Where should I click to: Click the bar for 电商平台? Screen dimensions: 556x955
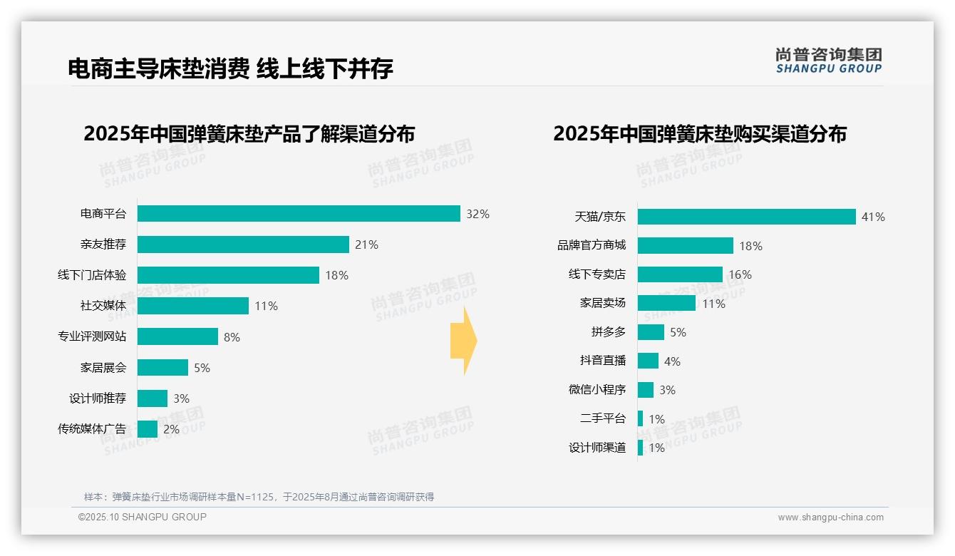pyautogui.click(x=299, y=214)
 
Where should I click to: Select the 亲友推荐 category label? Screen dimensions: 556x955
pyautogui.click(x=103, y=244)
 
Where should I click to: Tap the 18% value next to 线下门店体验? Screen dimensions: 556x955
pyautogui.click(x=337, y=275)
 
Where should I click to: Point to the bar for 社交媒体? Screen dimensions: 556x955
pyautogui.click(x=193, y=306)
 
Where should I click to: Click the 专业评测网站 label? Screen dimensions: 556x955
pyautogui.click(x=92, y=336)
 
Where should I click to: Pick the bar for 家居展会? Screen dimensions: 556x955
pyautogui.click(x=162, y=367)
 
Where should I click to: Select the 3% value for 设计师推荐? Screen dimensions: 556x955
pyautogui.click(x=181, y=398)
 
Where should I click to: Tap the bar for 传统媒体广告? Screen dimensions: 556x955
pyautogui.click(x=148, y=429)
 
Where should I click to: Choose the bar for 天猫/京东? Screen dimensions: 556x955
pyautogui.click(x=746, y=217)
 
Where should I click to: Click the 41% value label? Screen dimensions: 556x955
pyautogui.click(x=873, y=217)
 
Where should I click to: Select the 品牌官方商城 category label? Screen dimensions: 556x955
pyautogui.click(x=592, y=245)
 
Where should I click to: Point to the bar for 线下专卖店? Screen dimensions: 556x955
pyautogui.click(x=680, y=274)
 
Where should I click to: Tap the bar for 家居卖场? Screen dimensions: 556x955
pyautogui.click(x=666, y=303)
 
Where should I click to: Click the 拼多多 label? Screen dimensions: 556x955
pyautogui.click(x=609, y=332)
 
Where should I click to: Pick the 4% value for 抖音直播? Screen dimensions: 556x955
pyautogui.click(x=672, y=361)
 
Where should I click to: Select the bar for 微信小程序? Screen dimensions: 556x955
pyautogui.click(x=646, y=390)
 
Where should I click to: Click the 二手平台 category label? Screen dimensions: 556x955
pyautogui.click(x=603, y=419)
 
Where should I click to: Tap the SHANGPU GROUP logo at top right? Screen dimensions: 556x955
pyautogui.click(x=829, y=61)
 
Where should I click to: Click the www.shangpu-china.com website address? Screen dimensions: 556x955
pyautogui.click(x=830, y=518)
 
